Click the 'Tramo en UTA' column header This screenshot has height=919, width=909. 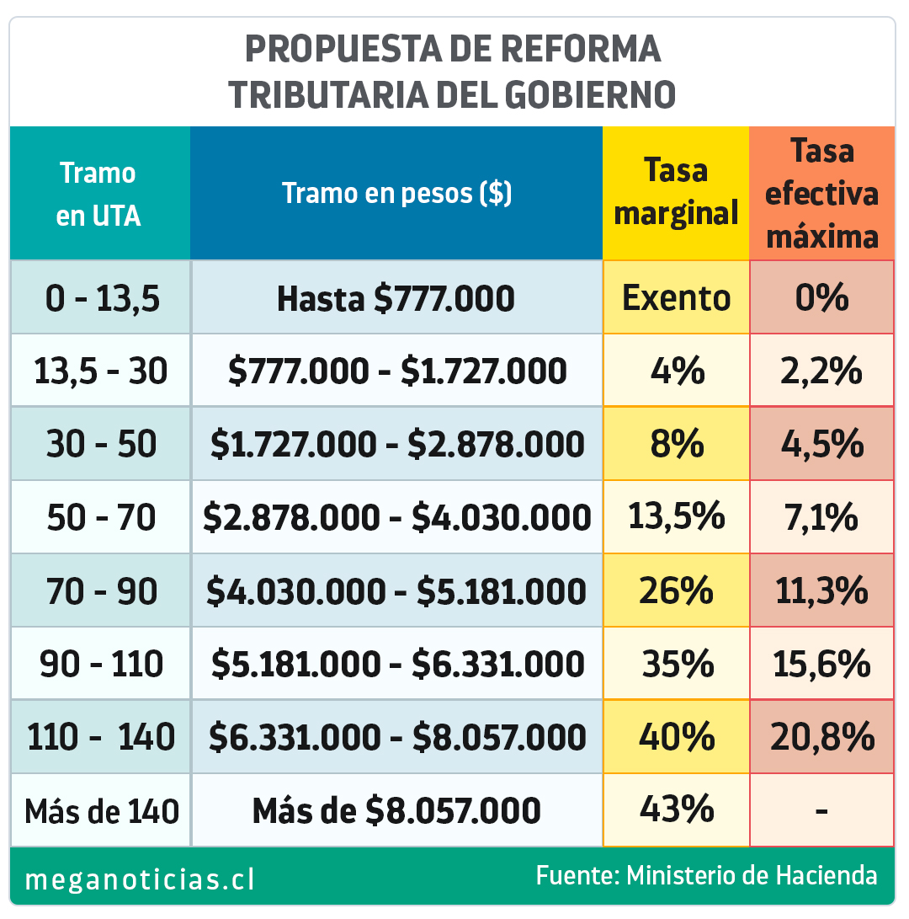coord(98,195)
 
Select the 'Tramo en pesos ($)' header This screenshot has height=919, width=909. coord(396,194)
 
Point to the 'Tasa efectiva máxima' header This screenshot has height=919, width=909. coord(822,194)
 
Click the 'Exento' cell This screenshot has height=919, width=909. coord(677,297)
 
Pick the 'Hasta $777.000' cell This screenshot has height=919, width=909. coord(396,298)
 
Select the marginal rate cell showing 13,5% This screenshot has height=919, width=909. coord(677,517)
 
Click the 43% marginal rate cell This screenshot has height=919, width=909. coord(677,810)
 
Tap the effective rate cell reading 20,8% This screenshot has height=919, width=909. coord(822,738)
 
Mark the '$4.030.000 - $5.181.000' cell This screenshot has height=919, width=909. coord(396,591)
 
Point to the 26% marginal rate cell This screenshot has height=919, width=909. coord(677,591)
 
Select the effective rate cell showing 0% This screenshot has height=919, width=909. coord(822,298)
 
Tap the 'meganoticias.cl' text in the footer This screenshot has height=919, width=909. coord(141,880)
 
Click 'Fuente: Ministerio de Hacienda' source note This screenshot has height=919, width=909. coord(706,875)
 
